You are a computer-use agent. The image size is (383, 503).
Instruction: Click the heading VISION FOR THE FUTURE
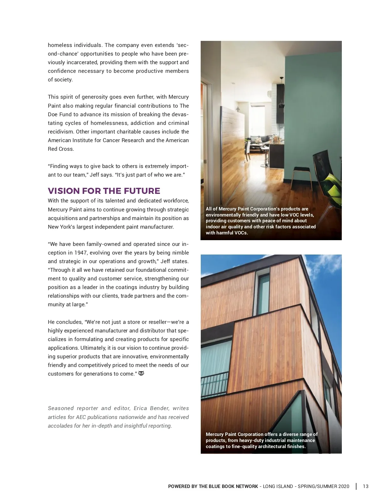[x=104, y=191]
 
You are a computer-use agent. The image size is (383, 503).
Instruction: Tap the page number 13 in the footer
[x=366, y=486]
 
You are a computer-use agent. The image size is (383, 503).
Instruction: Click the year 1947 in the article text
[x=80, y=253]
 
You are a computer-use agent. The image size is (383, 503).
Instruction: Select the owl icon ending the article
[x=141, y=373]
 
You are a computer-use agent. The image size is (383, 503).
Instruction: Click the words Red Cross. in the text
[x=61, y=149]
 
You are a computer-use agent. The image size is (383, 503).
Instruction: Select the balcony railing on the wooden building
[x=214, y=385]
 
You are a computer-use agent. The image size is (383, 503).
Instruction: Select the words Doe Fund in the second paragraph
[x=63, y=114]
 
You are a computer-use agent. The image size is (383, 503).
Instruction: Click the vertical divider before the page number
[x=356, y=486]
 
